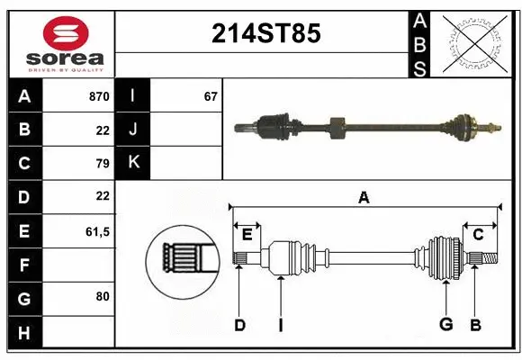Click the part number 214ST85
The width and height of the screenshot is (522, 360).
[265, 34]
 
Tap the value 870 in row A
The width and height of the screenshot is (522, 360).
[99, 95]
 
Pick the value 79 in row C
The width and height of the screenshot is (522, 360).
[102, 163]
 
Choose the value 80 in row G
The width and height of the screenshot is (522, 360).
[102, 296]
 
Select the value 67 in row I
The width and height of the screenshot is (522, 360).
[211, 95]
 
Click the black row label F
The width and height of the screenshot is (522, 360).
[24, 265]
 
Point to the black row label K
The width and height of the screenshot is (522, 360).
[134, 162]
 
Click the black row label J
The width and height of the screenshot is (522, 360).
[134, 129]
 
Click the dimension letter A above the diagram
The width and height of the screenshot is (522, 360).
[364, 197]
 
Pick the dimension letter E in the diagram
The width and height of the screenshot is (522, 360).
[247, 235]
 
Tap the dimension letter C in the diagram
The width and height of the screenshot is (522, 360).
[478, 235]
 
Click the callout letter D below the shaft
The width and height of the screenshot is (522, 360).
[239, 325]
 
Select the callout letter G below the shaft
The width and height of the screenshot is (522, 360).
[445, 325]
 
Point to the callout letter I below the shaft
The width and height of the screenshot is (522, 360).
[280, 325]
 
